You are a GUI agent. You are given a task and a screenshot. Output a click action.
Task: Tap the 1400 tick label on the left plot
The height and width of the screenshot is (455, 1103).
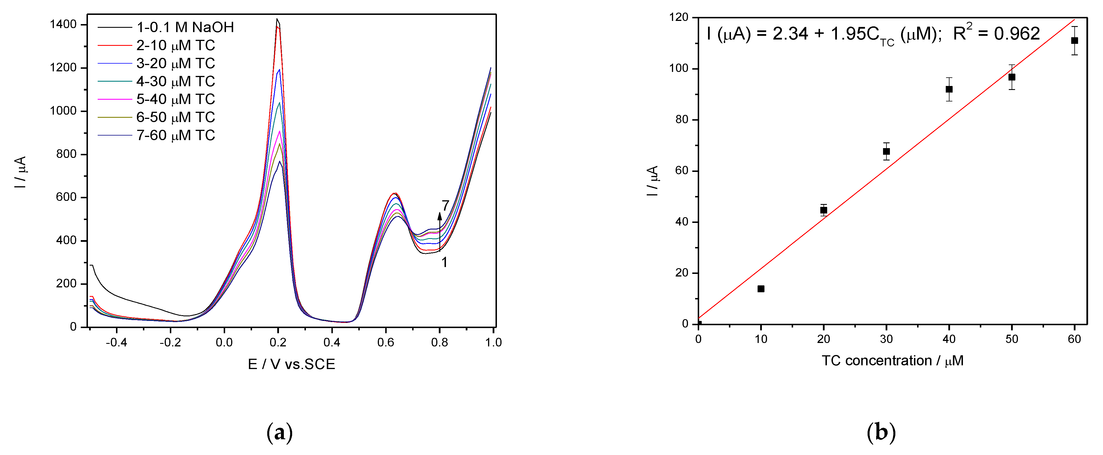point(63,24)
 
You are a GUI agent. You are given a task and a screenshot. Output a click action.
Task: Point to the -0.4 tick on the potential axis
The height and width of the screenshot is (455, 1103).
point(117,342)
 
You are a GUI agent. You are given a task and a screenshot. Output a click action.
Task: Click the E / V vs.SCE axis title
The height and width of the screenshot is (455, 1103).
point(291,364)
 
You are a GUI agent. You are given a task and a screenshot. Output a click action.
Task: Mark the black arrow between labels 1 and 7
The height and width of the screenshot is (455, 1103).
point(439,231)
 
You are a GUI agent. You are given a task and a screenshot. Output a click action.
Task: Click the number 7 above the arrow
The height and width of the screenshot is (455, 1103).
point(445,206)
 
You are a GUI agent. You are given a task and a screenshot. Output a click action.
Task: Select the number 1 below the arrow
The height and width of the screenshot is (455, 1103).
point(445,262)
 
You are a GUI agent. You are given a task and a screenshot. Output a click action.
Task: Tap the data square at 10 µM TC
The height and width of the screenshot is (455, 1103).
point(761,289)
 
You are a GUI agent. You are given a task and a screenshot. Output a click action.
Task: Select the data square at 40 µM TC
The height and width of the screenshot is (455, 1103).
point(949,89)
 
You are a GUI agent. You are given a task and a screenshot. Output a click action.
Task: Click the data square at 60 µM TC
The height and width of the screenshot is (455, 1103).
point(1074,41)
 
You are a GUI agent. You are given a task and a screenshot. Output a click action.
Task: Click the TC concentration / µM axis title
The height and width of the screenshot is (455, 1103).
point(892,361)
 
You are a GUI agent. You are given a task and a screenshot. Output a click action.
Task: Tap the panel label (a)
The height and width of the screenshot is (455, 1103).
point(280,433)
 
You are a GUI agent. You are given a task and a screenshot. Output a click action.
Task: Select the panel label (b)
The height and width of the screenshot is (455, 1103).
point(881,433)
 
